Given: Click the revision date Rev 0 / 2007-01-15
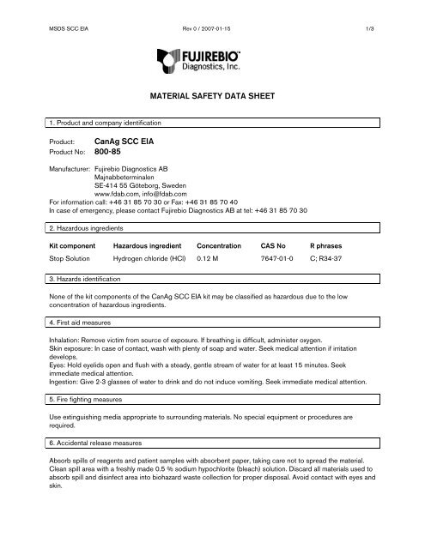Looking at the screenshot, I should point(212,9).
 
